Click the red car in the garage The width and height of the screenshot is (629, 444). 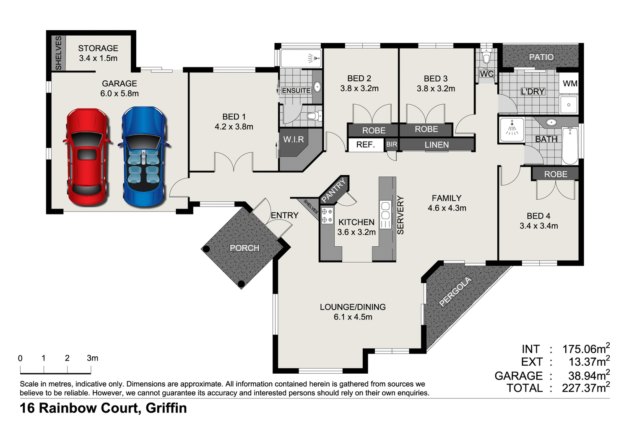[87, 157]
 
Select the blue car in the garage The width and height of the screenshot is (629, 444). [143, 157]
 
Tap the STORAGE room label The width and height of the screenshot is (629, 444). [98, 48]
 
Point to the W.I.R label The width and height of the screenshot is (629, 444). [294, 139]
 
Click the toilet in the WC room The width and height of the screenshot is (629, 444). [486, 56]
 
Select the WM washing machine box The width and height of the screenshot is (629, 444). [569, 83]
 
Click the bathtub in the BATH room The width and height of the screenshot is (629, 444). [570, 145]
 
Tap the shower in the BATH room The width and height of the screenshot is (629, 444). [512, 130]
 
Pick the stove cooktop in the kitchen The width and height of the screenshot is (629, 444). [327, 216]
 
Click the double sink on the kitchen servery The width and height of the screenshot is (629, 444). [385, 214]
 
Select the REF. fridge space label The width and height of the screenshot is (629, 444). [365, 145]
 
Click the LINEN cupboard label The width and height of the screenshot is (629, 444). [437, 145]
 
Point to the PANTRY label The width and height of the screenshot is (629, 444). [334, 190]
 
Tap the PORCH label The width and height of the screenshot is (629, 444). [244, 248]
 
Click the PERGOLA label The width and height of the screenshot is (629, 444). [455, 292]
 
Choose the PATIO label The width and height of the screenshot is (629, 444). [541, 57]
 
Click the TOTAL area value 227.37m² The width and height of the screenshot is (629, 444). [585, 388]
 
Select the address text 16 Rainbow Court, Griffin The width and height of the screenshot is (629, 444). [103, 408]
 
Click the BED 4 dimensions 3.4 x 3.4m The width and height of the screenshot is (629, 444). [538, 226]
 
